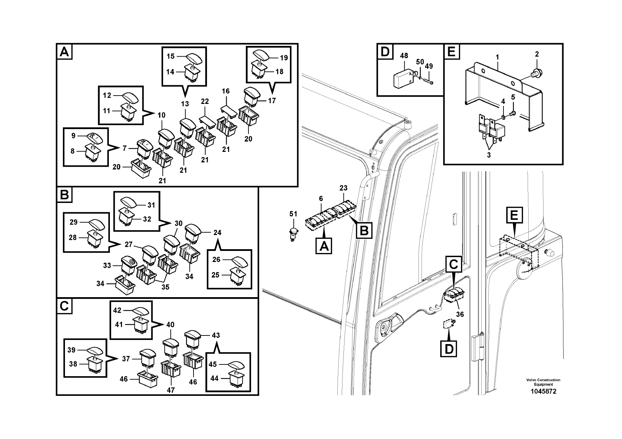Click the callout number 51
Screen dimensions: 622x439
click(x=293, y=214)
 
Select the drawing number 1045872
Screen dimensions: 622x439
click(x=543, y=392)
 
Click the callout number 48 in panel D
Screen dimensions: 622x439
click(x=404, y=56)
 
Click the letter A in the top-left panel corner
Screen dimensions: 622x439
click(x=64, y=52)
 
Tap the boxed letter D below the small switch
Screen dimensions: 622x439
click(x=449, y=349)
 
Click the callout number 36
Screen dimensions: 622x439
click(x=460, y=314)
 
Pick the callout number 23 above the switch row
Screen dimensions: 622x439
click(x=343, y=188)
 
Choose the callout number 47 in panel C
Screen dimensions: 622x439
click(x=171, y=390)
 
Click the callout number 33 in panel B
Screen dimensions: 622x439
click(x=107, y=265)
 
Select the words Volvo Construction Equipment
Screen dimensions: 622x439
click(x=543, y=382)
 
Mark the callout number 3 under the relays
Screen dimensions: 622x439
click(x=489, y=155)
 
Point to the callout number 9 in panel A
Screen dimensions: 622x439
click(x=73, y=136)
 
